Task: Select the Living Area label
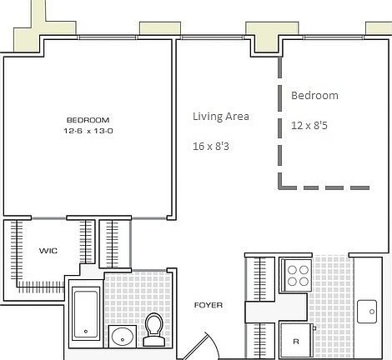[x=220, y=117]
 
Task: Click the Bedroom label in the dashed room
[x=314, y=96]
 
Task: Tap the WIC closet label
[x=47, y=250]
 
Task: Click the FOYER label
[x=208, y=305]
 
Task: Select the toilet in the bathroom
[x=153, y=327]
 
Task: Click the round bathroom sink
[x=122, y=337]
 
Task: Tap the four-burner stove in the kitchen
[x=296, y=273]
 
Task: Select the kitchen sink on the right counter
[x=367, y=312]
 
